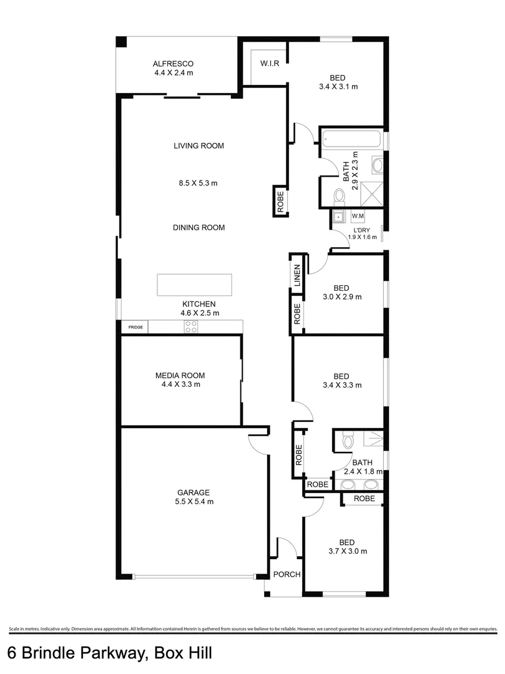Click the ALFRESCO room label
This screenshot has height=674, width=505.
174,64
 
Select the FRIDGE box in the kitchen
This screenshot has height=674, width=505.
135,327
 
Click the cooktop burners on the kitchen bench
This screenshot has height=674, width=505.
191,326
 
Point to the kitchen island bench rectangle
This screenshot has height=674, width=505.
194,285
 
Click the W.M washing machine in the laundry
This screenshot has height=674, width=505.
358,217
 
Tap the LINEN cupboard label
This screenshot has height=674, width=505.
297,275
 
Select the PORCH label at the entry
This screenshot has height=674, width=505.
287,575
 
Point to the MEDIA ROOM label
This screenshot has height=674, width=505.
180,375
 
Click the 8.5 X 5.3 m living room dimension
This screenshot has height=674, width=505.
199,183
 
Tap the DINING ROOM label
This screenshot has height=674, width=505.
199,228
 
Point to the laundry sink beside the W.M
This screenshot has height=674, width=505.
338,217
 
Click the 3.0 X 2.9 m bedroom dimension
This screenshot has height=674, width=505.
341,297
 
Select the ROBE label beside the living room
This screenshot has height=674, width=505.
280,201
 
